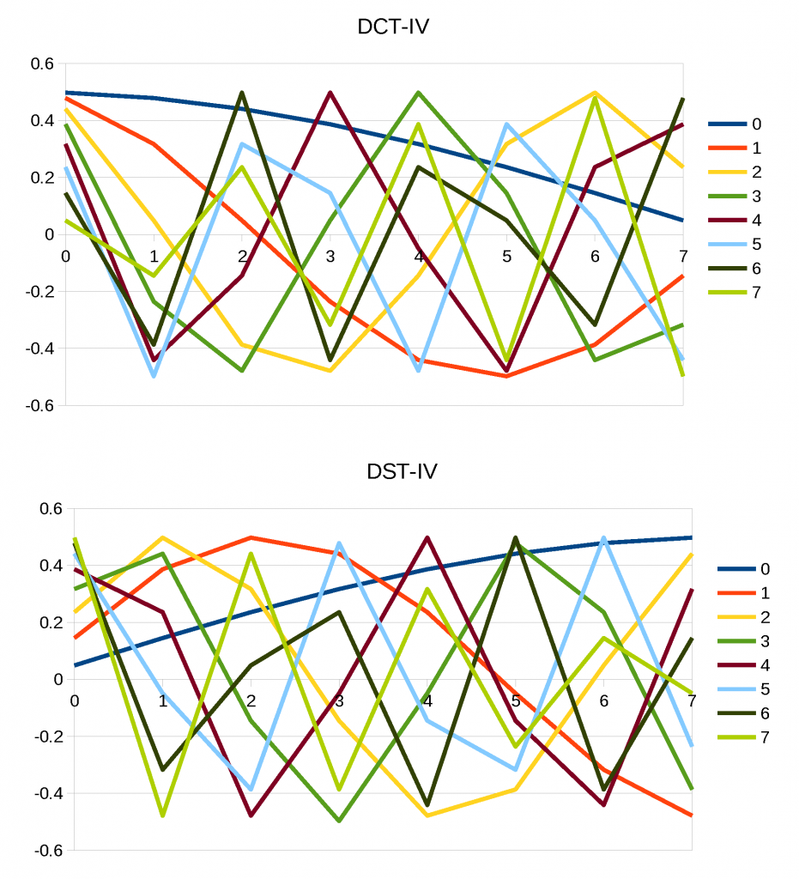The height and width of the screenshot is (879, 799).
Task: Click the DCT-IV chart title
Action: (392, 27)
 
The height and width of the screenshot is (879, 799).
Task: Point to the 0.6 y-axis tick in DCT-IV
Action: (42, 64)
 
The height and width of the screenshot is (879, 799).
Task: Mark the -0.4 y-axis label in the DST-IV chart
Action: (48, 793)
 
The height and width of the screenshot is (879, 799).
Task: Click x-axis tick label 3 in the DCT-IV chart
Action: (330, 256)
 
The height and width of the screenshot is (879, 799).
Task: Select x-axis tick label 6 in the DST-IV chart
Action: (603, 700)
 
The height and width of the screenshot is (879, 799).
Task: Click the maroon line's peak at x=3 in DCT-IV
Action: (330, 93)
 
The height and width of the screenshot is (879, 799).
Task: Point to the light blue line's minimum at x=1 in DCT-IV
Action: (154, 376)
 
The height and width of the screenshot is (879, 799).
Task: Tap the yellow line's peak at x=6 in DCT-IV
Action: (595, 93)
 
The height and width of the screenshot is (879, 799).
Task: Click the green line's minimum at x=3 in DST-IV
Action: (339, 821)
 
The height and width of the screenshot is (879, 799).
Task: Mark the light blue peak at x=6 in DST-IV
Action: (603, 538)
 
